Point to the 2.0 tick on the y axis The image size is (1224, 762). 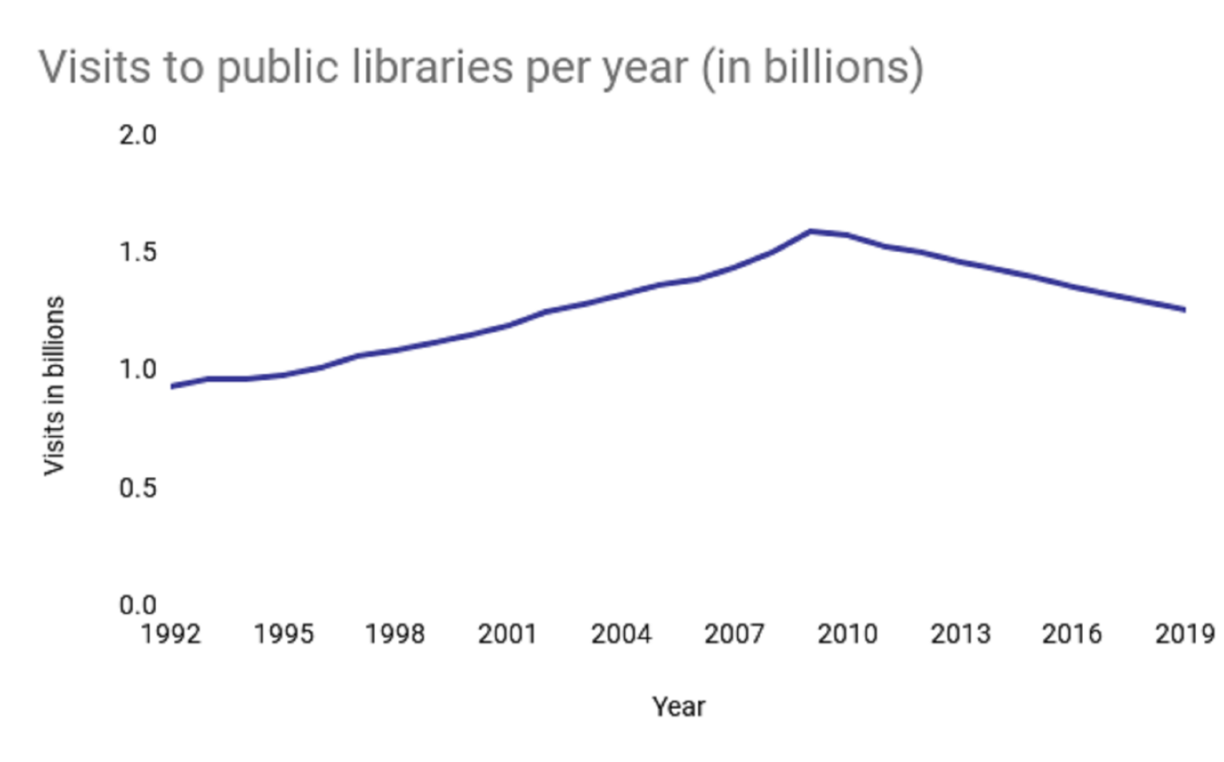pos(138,136)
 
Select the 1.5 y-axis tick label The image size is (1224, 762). pos(138,253)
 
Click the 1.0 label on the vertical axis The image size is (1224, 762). pos(138,370)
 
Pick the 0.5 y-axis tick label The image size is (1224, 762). pos(138,488)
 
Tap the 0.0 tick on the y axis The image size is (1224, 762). pos(138,605)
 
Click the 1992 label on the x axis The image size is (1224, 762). pos(171,634)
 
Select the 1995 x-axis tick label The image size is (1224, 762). pos(284,634)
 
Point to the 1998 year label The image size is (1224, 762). pos(395,634)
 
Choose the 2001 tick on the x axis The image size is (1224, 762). pos(508,634)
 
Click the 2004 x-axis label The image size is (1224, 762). pos(621,634)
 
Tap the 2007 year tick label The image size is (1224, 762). pos(734,634)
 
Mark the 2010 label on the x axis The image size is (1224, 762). pos(847,634)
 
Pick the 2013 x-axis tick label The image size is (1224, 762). pos(960,634)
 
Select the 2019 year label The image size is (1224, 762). pos(1185,634)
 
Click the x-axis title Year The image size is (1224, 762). pos(678,707)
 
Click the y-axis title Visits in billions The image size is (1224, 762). pos(53,386)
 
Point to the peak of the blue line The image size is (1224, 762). pos(810,231)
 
